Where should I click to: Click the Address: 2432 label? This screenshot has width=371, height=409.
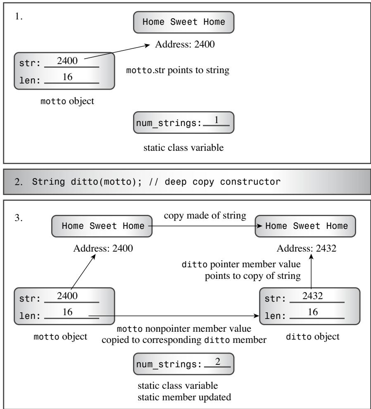tap(306, 248)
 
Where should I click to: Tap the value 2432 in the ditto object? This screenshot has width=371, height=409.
tap(313, 296)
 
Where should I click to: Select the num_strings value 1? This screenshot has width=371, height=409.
tap(216, 120)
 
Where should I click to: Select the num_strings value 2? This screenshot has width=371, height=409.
tap(218, 361)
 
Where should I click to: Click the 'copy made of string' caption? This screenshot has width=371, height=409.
tap(205, 216)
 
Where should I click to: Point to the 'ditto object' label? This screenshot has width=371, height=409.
tap(313, 336)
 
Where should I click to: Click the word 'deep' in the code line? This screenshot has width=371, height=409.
tap(176, 181)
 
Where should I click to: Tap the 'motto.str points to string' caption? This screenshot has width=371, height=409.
tap(178, 70)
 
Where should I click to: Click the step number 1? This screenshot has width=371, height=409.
tap(19, 17)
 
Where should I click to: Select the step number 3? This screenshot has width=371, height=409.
tap(19, 218)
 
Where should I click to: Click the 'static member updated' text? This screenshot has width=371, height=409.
tap(184, 397)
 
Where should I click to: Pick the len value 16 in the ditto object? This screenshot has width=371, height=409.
tap(313, 312)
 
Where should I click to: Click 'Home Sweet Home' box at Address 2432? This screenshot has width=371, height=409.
tap(305, 226)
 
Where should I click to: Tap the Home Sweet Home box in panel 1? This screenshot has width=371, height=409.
tap(184, 22)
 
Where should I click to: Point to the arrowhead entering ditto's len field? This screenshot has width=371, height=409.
tap(257, 316)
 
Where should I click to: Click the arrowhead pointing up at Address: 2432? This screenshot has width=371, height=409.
tap(311, 257)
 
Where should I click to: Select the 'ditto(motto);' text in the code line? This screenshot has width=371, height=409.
tap(106, 181)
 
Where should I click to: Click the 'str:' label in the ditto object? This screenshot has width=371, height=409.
tap(275, 299)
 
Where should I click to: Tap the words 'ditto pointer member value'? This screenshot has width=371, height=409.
tap(241, 264)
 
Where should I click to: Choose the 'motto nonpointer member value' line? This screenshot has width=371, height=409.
tap(184, 329)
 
